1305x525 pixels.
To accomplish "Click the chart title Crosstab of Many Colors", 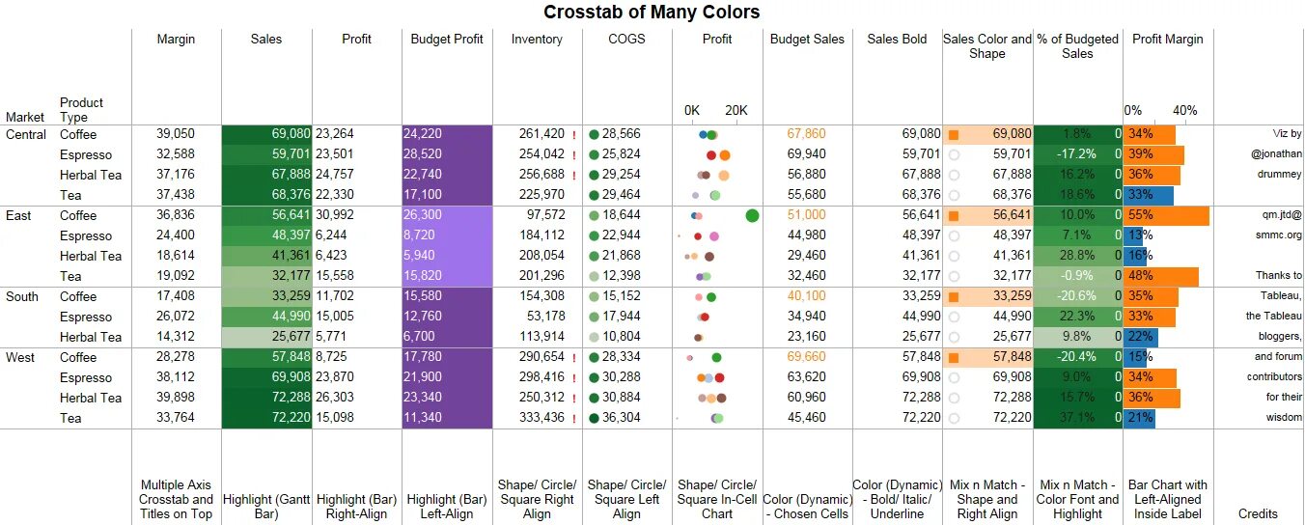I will click(x=652, y=13).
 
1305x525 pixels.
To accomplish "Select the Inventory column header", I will click(x=537, y=40).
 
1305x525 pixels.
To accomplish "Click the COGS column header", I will click(x=626, y=40).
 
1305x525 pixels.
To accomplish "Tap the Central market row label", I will click(x=26, y=134).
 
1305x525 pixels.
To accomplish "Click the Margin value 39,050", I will click(x=176, y=134).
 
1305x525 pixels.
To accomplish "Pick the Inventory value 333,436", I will click(x=541, y=418).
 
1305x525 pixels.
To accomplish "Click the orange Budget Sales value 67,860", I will click(x=806, y=134).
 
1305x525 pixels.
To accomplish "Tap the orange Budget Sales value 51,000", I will click(x=806, y=215).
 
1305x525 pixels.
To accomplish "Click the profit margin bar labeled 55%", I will click(x=1166, y=215).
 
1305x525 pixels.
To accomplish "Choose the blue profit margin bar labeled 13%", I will click(x=1135, y=235).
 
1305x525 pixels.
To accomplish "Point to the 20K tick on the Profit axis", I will click(x=736, y=110).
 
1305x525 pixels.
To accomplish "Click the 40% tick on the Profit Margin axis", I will click(x=1184, y=110).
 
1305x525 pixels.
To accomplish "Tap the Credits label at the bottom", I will click(x=1258, y=514).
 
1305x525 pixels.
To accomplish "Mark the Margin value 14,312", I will click(x=176, y=337).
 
